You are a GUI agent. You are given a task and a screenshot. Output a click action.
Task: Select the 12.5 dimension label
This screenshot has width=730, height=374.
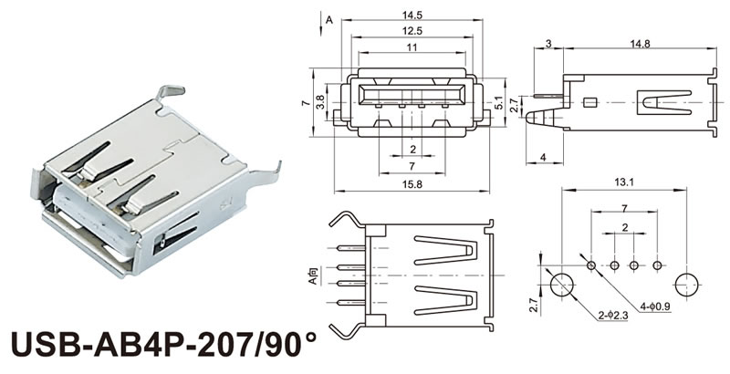412,31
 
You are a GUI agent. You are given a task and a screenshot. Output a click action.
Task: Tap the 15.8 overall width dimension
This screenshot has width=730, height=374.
412,186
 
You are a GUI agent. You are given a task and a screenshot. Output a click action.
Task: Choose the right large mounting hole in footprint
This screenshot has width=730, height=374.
688,283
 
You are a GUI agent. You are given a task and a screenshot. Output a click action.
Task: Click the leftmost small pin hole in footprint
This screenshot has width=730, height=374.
591,265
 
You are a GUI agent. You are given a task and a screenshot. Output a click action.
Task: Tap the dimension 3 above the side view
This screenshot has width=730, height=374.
548,44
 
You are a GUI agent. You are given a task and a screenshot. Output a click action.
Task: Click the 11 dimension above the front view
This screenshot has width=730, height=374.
412,47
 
